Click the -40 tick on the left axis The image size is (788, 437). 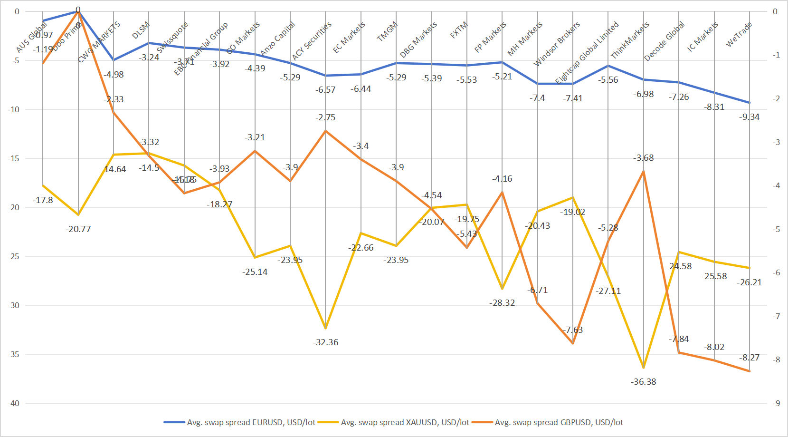(13, 403)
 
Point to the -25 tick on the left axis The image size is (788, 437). (13, 256)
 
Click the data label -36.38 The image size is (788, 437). (644, 382)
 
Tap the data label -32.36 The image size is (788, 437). (326, 342)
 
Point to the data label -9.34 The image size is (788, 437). (750, 117)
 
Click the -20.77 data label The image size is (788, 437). (78, 229)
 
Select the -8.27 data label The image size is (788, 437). (750, 358)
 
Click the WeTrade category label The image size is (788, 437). (739, 34)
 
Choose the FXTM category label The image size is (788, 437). (459, 30)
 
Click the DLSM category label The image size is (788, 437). (141, 30)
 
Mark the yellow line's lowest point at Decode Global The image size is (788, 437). (644, 368)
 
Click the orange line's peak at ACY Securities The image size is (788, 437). (325, 131)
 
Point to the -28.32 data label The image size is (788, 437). (502, 303)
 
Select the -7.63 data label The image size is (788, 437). (573, 330)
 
